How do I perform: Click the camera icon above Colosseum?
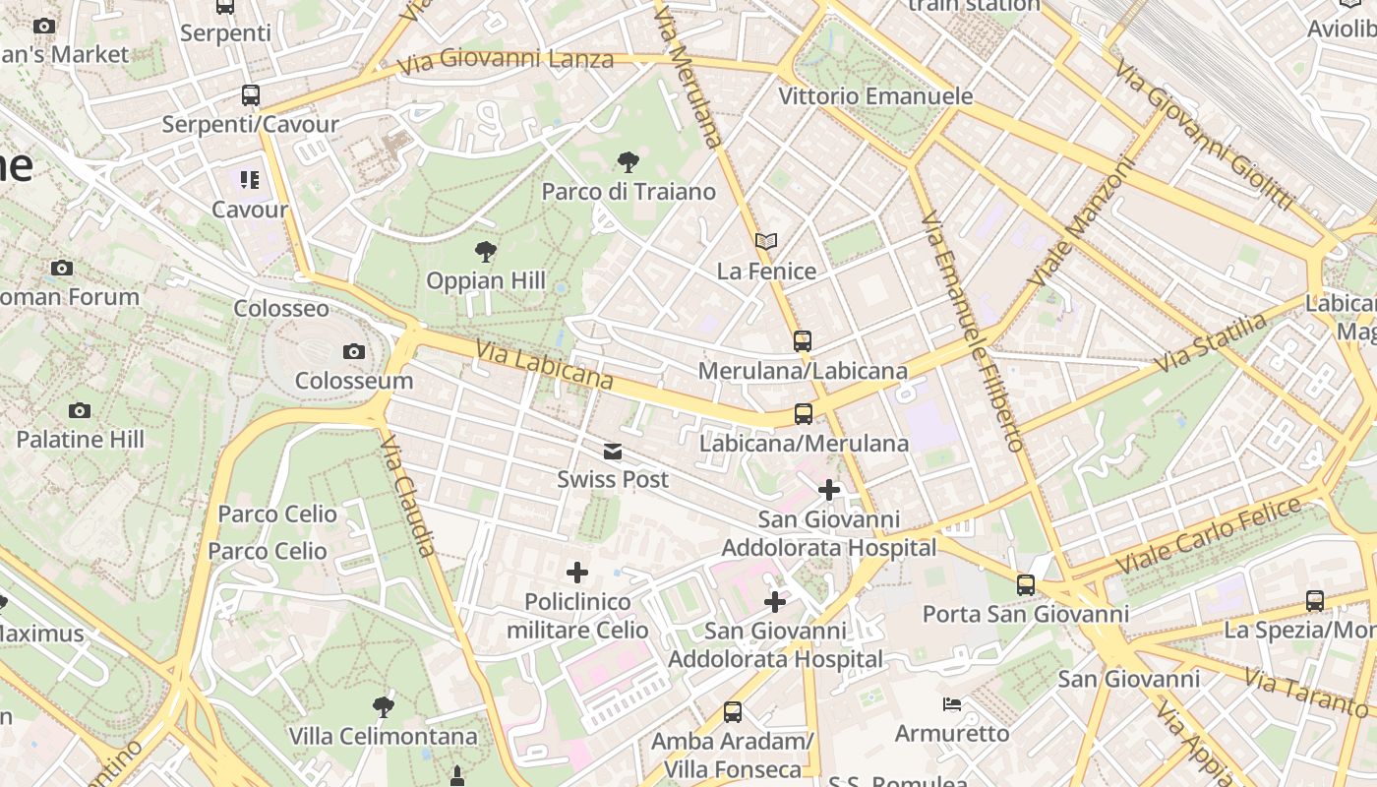pyautogui.click(x=354, y=351)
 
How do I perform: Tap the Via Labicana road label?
pyautogui.click(x=544, y=365)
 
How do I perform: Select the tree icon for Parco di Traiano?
pyautogui.click(x=628, y=162)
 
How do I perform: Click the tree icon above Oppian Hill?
pyautogui.click(x=485, y=252)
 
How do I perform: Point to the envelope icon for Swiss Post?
pyautogui.click(x=613, y=452)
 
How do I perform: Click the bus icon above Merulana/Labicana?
pyautogui.click(x=803, y=341)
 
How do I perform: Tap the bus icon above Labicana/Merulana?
pyautogui.click(x=804, y=414)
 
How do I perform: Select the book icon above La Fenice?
pyautogui.click(x=766, y=241)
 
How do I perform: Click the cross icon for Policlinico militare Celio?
pyautogui.click(x=577, y=573)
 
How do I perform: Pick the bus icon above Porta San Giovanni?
pyautogui.click(x=1026, y=585)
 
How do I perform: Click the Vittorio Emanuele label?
pyautogui.click(x=875, y=96)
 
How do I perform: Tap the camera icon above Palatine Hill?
pyautogui.click(x=80, y=410)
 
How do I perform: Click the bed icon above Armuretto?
pyautogui.click(x=952, y=704)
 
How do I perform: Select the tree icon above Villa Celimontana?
pyautogui.click(x=384, y=706)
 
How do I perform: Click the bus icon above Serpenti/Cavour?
pyautogui.click(x=251, y=95)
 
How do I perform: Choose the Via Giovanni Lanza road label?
pyautogui.click(x=506, y=61)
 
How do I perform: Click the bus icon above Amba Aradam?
pyautogui.click(x=733, y=711)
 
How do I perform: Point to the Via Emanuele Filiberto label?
pyautogui.click(x=973, y=330)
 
